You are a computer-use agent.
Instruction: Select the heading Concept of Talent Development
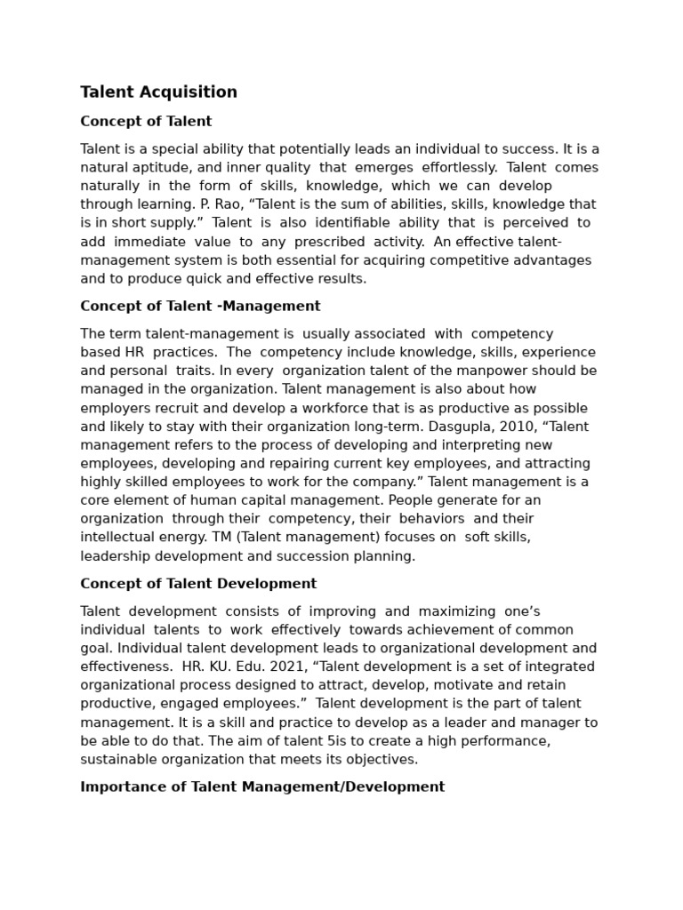198,584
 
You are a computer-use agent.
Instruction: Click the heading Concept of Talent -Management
200,306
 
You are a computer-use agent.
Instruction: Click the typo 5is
329,741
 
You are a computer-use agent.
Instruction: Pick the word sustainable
118,760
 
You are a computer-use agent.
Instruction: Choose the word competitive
471,260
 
